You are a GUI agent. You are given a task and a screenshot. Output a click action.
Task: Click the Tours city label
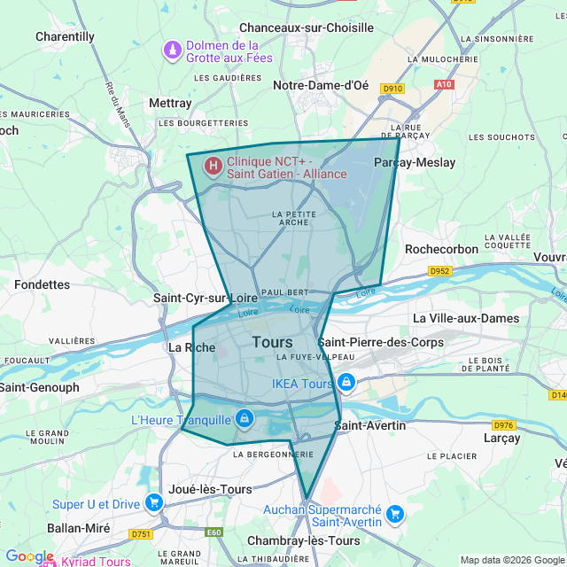click(272, 342)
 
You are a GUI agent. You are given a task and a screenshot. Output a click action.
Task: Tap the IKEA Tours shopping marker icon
click(346, 384)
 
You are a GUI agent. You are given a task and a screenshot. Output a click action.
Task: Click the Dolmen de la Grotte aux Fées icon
click(172, 51)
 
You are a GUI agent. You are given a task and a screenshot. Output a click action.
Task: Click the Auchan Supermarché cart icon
click(395, 514)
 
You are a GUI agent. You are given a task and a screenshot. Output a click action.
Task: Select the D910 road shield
click(392, 89)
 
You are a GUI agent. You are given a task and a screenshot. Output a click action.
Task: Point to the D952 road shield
click(440, 270)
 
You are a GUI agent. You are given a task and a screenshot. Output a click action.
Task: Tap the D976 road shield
click(504, 425)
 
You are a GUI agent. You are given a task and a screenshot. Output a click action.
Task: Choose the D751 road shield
click(141, 534)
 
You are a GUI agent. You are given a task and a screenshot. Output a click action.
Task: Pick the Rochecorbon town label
click(441, 249)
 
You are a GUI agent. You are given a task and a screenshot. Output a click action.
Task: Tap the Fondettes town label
click(42, 284)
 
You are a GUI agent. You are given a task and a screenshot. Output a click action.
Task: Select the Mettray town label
click(170, 103)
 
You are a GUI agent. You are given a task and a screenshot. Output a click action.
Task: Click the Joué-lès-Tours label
click(210, 488)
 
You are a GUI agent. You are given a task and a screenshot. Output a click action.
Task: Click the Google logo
click(29, 556)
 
